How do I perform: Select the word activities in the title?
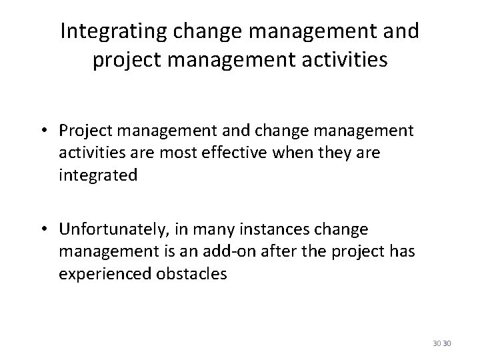pyautogui.click(x=345, y=61)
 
